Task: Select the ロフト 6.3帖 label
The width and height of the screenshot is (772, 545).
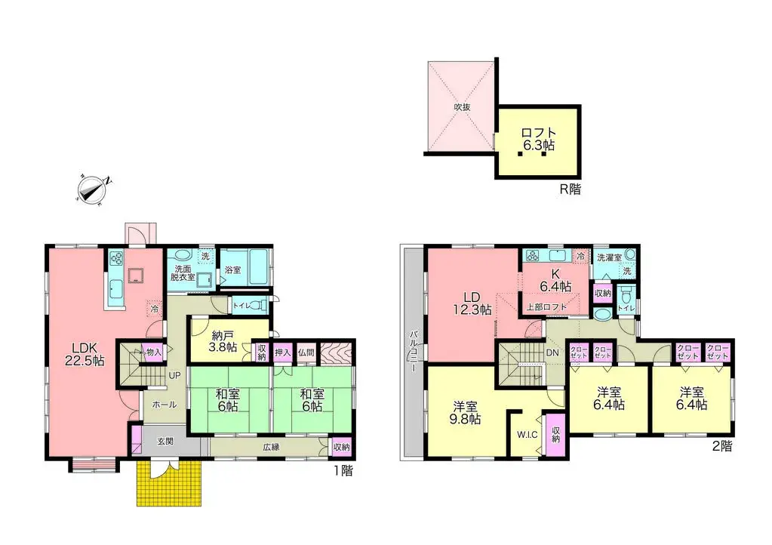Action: tap(537, 140)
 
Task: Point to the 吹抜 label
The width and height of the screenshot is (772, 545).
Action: tap(462, 107)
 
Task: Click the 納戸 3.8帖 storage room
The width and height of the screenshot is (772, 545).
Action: tap(223, 341)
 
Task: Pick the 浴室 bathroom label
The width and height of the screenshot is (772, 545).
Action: tap(232, 269)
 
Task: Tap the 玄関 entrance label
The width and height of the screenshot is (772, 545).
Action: tap(165, 442)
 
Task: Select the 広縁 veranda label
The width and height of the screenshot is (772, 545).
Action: tap(272, 446)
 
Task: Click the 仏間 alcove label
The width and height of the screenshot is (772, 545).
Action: tap(306, 353)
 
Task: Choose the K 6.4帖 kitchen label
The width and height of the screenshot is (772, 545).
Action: tap(555, 281)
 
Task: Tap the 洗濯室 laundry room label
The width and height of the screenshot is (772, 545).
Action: tap(609, 257)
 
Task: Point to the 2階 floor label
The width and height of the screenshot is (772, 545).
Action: tap(721, 446)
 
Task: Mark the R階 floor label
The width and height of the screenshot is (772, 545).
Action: tap(570, 189)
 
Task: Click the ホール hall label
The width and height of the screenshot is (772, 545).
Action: tap(165, 405)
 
